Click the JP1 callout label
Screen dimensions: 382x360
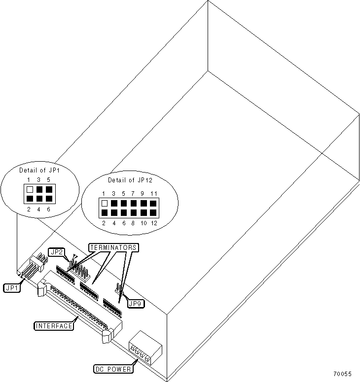[11, 287]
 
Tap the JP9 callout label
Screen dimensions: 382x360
[135, 304]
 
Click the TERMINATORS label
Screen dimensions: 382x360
[112, 246]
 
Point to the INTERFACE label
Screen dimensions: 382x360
[54, 326]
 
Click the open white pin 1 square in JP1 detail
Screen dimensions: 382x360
[30, 189]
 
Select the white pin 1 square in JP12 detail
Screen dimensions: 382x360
[104, 203]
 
